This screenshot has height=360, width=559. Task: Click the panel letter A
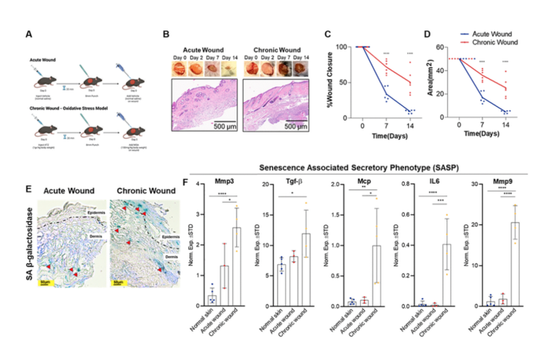click(30, 34)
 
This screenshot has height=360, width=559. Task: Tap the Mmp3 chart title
click(216, 184)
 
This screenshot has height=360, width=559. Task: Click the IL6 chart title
click(433, 184)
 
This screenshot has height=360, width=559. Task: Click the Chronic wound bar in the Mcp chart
click(375, 275)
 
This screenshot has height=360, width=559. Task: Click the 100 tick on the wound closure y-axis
click(345, 47)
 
